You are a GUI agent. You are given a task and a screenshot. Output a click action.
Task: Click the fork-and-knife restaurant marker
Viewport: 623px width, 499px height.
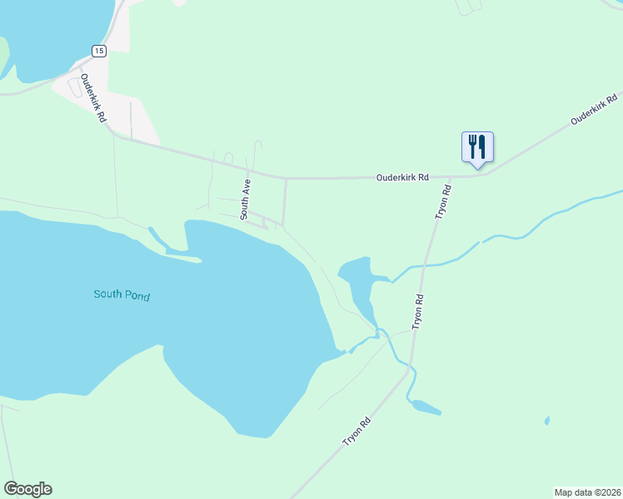pyautogui.click(x=477, y=147)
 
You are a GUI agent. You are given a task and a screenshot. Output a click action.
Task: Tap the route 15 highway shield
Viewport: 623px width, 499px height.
pyautogui.click(x=99, y=52)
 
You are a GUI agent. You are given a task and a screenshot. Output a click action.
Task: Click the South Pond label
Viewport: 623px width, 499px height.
pyautogui.click(x=122, y=294)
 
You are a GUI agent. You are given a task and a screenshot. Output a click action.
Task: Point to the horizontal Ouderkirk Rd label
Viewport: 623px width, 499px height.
pyautogui.click(x=402, y=177)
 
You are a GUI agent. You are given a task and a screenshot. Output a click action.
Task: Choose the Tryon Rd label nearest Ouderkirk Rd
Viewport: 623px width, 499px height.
pyautogui.click(x=444, y=202)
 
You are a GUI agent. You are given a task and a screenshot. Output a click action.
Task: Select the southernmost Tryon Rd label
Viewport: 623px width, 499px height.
pyautogui.click(x=356, y=431)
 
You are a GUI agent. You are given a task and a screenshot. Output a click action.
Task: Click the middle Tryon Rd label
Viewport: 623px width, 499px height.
pyautogui.click(x=419, y=310)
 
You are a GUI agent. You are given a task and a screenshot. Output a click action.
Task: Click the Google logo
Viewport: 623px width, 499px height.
pyautogui.click(x=27, y=489)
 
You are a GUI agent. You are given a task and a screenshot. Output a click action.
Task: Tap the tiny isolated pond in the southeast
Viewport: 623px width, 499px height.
pyautogui.click(x=547, y=420)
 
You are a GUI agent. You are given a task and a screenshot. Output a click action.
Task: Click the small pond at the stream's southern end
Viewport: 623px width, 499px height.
pyautogui.click(x=426, y=408)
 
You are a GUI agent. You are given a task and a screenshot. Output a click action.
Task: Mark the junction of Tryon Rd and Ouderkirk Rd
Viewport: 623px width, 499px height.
pyautogui.click(x=452, y=176)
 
